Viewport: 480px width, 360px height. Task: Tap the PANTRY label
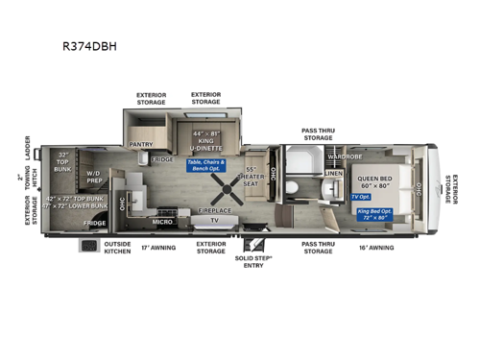coord(140,145)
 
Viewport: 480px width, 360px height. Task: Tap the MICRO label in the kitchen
coord(163,222)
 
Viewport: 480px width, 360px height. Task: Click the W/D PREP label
coord(94,176)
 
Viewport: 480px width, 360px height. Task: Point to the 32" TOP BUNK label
coord(63,159)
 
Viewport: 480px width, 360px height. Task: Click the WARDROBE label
coord(343,154)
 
